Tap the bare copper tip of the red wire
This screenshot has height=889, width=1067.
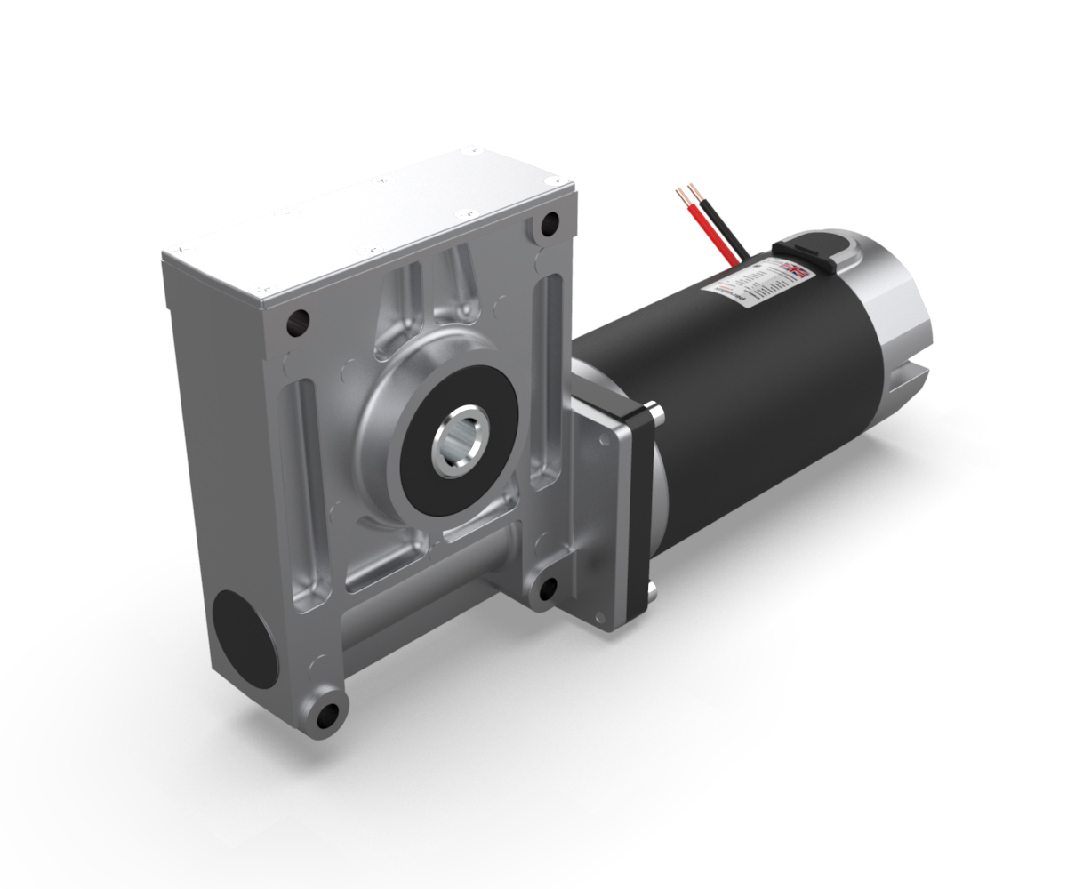pyautogui.click(x=681, y=192)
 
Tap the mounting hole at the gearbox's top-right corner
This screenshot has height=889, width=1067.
pyautogui.click(x=550, y=222)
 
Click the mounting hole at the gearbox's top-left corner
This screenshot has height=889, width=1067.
pyautogui.click(x=299, y=318)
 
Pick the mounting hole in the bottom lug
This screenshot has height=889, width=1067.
pyautogui.click(x=329, y=712)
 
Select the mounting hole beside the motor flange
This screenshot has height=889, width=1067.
pyautogui.click(x=548, y=588)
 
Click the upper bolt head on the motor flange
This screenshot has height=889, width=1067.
pyautogui.click(x=655, y=411)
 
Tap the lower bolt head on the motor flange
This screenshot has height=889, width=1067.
pyautogui.click(x=653, y=588)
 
